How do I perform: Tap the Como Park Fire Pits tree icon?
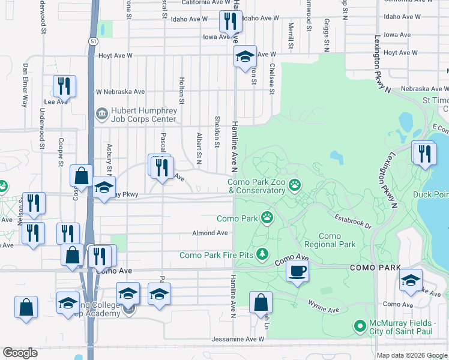coord(262,256)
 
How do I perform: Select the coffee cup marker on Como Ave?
coord(297,271)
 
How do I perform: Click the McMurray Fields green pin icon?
coord(360,326)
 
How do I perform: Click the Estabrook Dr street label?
coord(354,222)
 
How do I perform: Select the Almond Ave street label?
coord(210,233)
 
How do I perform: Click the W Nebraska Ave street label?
coord(121,92)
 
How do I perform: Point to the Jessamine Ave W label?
coord(238,339)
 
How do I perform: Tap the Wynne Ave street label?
coord(324,310)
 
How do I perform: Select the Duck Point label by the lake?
coord(430,194)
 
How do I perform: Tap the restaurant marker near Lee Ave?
coord(63,87)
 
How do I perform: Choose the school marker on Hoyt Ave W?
coord(244,58)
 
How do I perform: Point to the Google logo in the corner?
coord(20,353)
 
